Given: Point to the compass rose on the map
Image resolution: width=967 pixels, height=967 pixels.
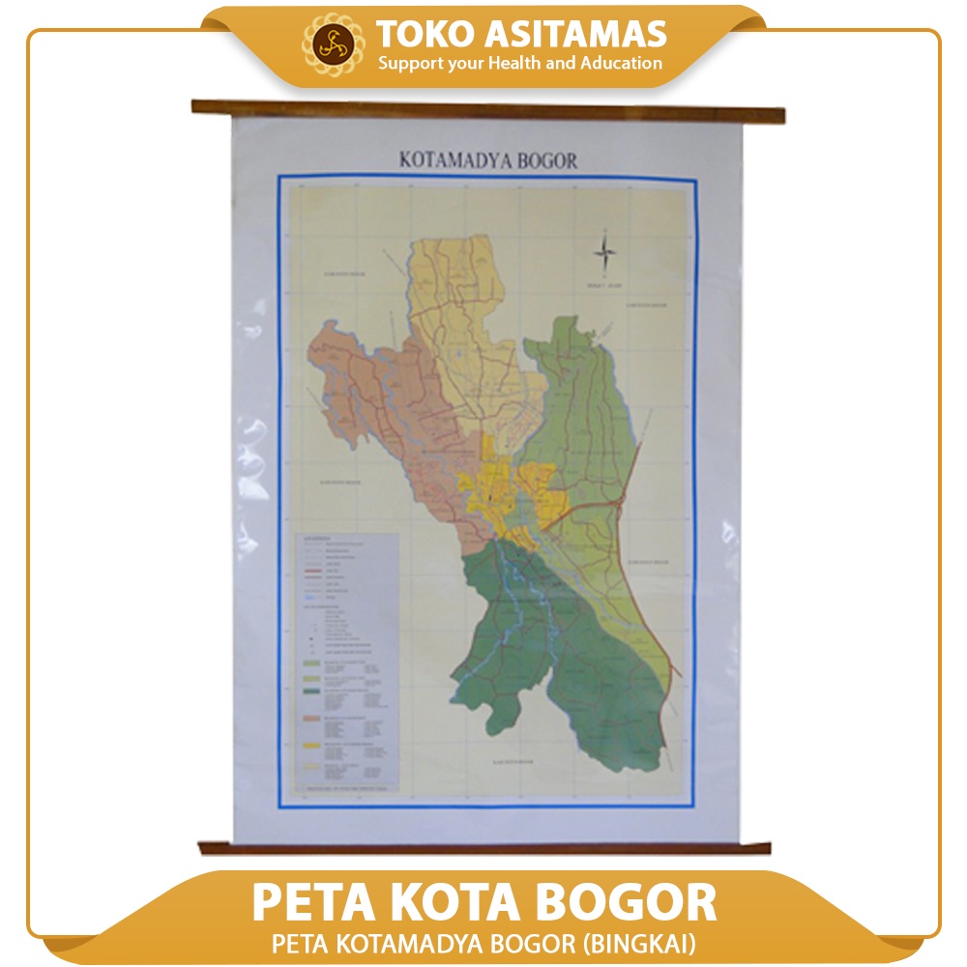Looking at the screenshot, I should (605, 254).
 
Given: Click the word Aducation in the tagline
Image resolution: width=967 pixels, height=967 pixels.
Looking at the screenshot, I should (618, 64).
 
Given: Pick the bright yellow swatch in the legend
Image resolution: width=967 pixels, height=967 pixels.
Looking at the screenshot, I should (313, 746).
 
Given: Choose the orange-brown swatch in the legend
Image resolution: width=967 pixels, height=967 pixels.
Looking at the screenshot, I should (313, 719).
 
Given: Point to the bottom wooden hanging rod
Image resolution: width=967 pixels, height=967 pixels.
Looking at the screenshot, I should (484, 848).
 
